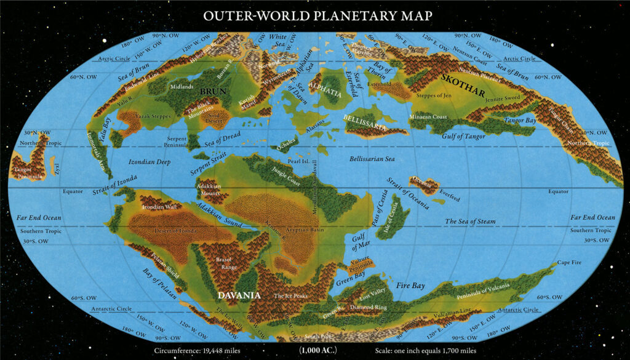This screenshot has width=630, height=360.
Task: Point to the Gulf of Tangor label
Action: point(455,135)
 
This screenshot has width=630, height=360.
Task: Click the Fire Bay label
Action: point(410,286)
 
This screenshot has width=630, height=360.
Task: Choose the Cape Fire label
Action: point(569,262)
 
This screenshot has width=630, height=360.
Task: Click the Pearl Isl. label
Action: point(298,161)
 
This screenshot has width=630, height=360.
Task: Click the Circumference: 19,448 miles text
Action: point(196,351)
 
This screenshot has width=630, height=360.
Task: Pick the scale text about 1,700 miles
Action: point(425,351)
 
